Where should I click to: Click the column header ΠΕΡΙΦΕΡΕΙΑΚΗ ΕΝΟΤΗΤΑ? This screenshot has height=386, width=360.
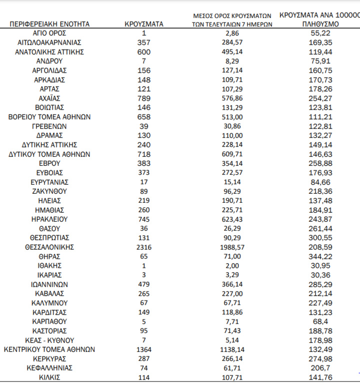point(49,24)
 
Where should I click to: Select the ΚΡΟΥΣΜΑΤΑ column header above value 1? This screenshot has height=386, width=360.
point(143,24)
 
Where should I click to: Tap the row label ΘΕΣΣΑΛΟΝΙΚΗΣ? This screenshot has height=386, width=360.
point(49,247)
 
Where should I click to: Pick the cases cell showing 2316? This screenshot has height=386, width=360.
point(143,247)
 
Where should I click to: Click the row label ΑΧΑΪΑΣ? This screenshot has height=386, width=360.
point(49,98)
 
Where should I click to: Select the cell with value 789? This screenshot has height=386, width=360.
point(143,98)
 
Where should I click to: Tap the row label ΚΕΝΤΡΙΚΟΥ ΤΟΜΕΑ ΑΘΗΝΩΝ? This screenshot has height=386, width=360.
point(49,349)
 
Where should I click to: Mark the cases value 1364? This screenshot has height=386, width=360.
point(143,349)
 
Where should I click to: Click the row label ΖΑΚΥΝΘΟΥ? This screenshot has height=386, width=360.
point(49,191)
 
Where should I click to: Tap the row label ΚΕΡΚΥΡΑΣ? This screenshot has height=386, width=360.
point(49,359)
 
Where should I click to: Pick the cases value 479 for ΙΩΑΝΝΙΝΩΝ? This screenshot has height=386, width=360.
point(143,284)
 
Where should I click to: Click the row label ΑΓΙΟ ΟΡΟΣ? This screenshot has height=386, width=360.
point(49,33)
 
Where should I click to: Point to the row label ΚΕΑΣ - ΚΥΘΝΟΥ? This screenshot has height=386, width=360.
point(49,340)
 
